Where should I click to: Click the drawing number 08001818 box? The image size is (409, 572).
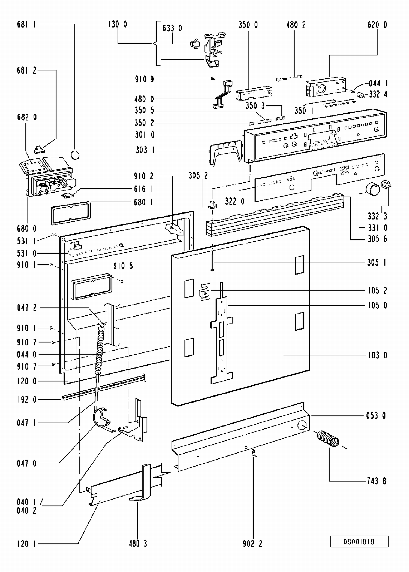pos(359,541)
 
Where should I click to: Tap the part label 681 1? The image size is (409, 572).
pos(26,24)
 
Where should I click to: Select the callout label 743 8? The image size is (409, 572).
pos(376,481)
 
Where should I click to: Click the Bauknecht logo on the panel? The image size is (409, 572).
pos(324,172)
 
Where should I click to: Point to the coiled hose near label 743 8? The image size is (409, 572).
pos(328,439)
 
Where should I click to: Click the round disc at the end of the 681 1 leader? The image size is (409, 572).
pos(75,155)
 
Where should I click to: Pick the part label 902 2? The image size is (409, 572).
pos(252,544)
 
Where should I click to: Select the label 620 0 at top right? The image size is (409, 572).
pos(377,25)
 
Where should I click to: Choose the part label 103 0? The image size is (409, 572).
pos(377,355)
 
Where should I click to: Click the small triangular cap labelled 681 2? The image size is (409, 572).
pos(39,149)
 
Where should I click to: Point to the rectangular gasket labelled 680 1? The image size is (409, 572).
pos(71,213)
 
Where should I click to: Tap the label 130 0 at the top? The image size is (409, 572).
pos(117,24)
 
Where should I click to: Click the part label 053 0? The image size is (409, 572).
pos(376,416)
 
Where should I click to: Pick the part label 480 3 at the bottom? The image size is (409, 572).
pos(138,544)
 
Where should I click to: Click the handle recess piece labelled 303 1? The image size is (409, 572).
pos(225,153)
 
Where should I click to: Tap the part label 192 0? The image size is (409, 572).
pos(26,400)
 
